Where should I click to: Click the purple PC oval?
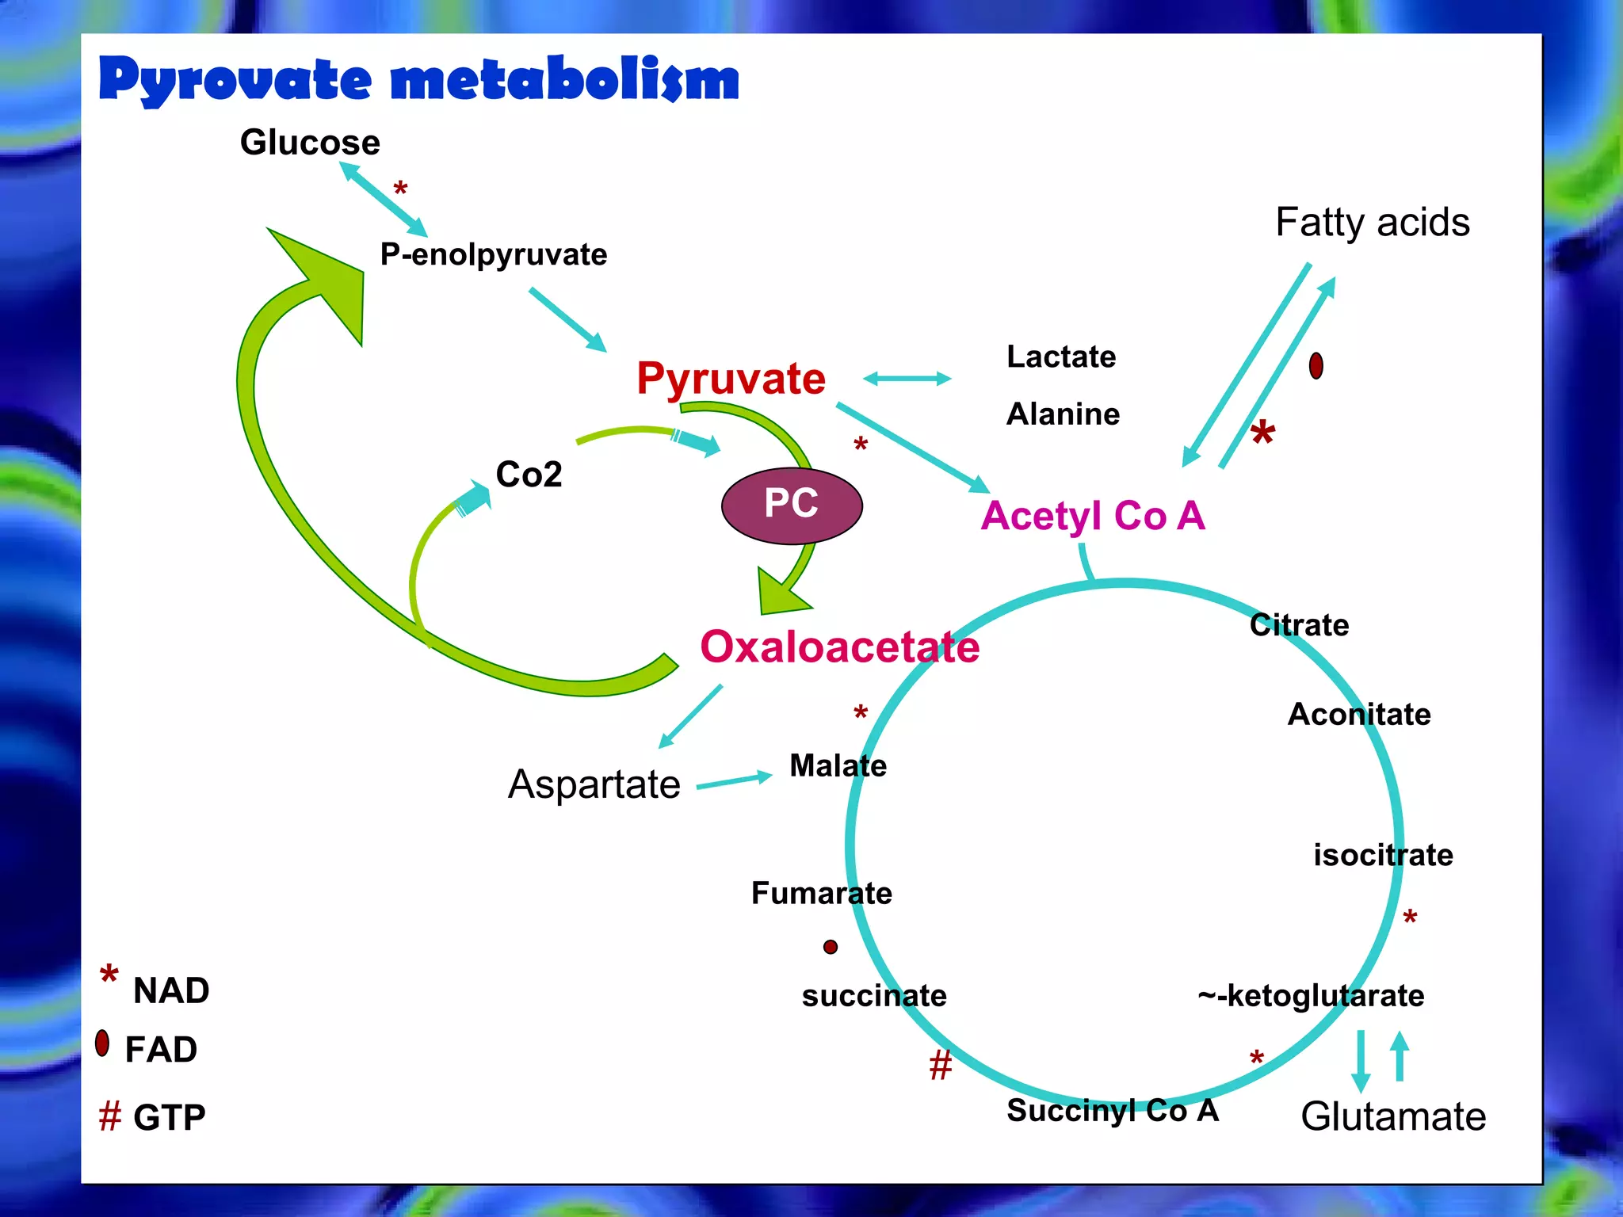(x=792, y=505)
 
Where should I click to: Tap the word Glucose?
(x=310, y=143)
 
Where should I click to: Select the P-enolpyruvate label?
(x=493, y=254)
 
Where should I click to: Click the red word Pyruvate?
(x=731, y=378)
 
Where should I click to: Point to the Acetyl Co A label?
(x=1093, y=516)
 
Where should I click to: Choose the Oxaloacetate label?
(x=839, y=647)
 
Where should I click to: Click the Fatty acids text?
(x=1373, y=222)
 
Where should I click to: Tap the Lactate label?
(x=1061, y=357)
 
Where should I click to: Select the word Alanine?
(x=1063, y=414)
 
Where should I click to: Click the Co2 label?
(x=529, y=475)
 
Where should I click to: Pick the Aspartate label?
(x=594, y=784)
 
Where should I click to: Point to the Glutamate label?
(x=1393, y=1116)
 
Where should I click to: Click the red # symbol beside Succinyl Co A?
(x=941, y=1065)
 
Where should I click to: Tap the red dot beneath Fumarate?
(x=831, y=947)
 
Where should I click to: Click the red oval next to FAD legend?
(x=102, y=1043)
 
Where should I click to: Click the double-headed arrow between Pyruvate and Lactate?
(x=907, y=379)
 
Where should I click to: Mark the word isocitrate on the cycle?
(x=1383, y=855)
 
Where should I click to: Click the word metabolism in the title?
(x=565, y=81)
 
